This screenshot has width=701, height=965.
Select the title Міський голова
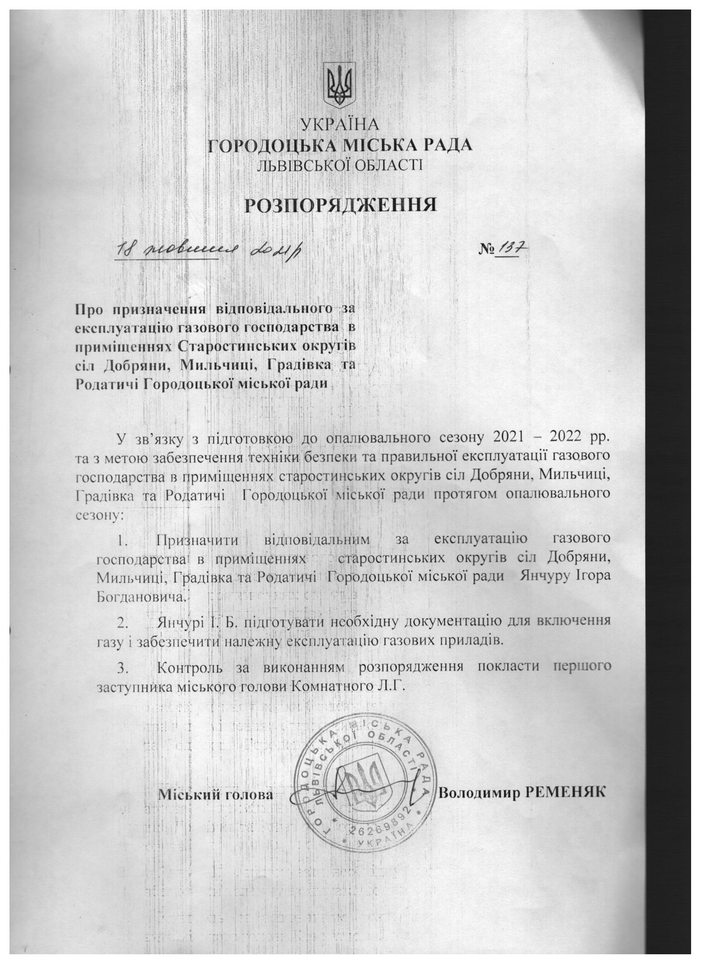tap(216, 794)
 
